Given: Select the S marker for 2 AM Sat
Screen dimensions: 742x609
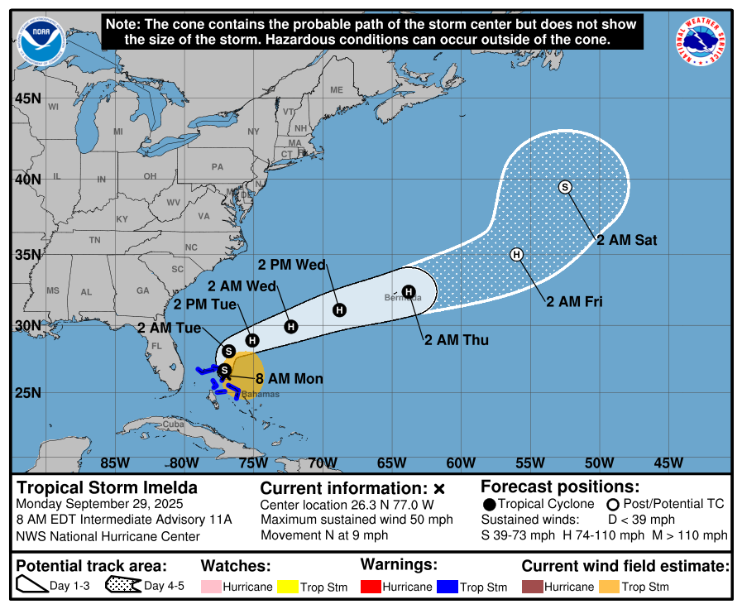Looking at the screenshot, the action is click(566, 187).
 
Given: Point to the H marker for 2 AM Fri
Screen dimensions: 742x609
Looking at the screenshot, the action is click(517, 254).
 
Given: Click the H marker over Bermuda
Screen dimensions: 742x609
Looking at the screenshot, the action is click(408, 291).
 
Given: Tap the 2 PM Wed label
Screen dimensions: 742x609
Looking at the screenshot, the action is click(292, 265).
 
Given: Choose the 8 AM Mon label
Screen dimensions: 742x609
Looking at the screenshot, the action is click(289, 379).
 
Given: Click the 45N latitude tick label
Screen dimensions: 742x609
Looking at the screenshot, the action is click(28, 98).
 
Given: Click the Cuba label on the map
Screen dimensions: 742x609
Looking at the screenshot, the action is click(171, 424).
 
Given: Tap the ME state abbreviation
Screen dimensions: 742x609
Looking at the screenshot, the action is click(336, 89).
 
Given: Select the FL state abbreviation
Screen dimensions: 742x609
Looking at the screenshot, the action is click(156, 346).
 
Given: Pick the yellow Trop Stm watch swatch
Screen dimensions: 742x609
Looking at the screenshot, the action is click(288, 587).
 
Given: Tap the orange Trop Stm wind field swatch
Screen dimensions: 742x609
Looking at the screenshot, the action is click(608, 587).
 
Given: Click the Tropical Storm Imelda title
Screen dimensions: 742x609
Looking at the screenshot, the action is click(108, 487).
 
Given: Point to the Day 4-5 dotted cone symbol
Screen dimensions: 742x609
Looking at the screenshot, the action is click(122, 587).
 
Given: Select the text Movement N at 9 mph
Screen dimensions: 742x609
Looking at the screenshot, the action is click(324, 535).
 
